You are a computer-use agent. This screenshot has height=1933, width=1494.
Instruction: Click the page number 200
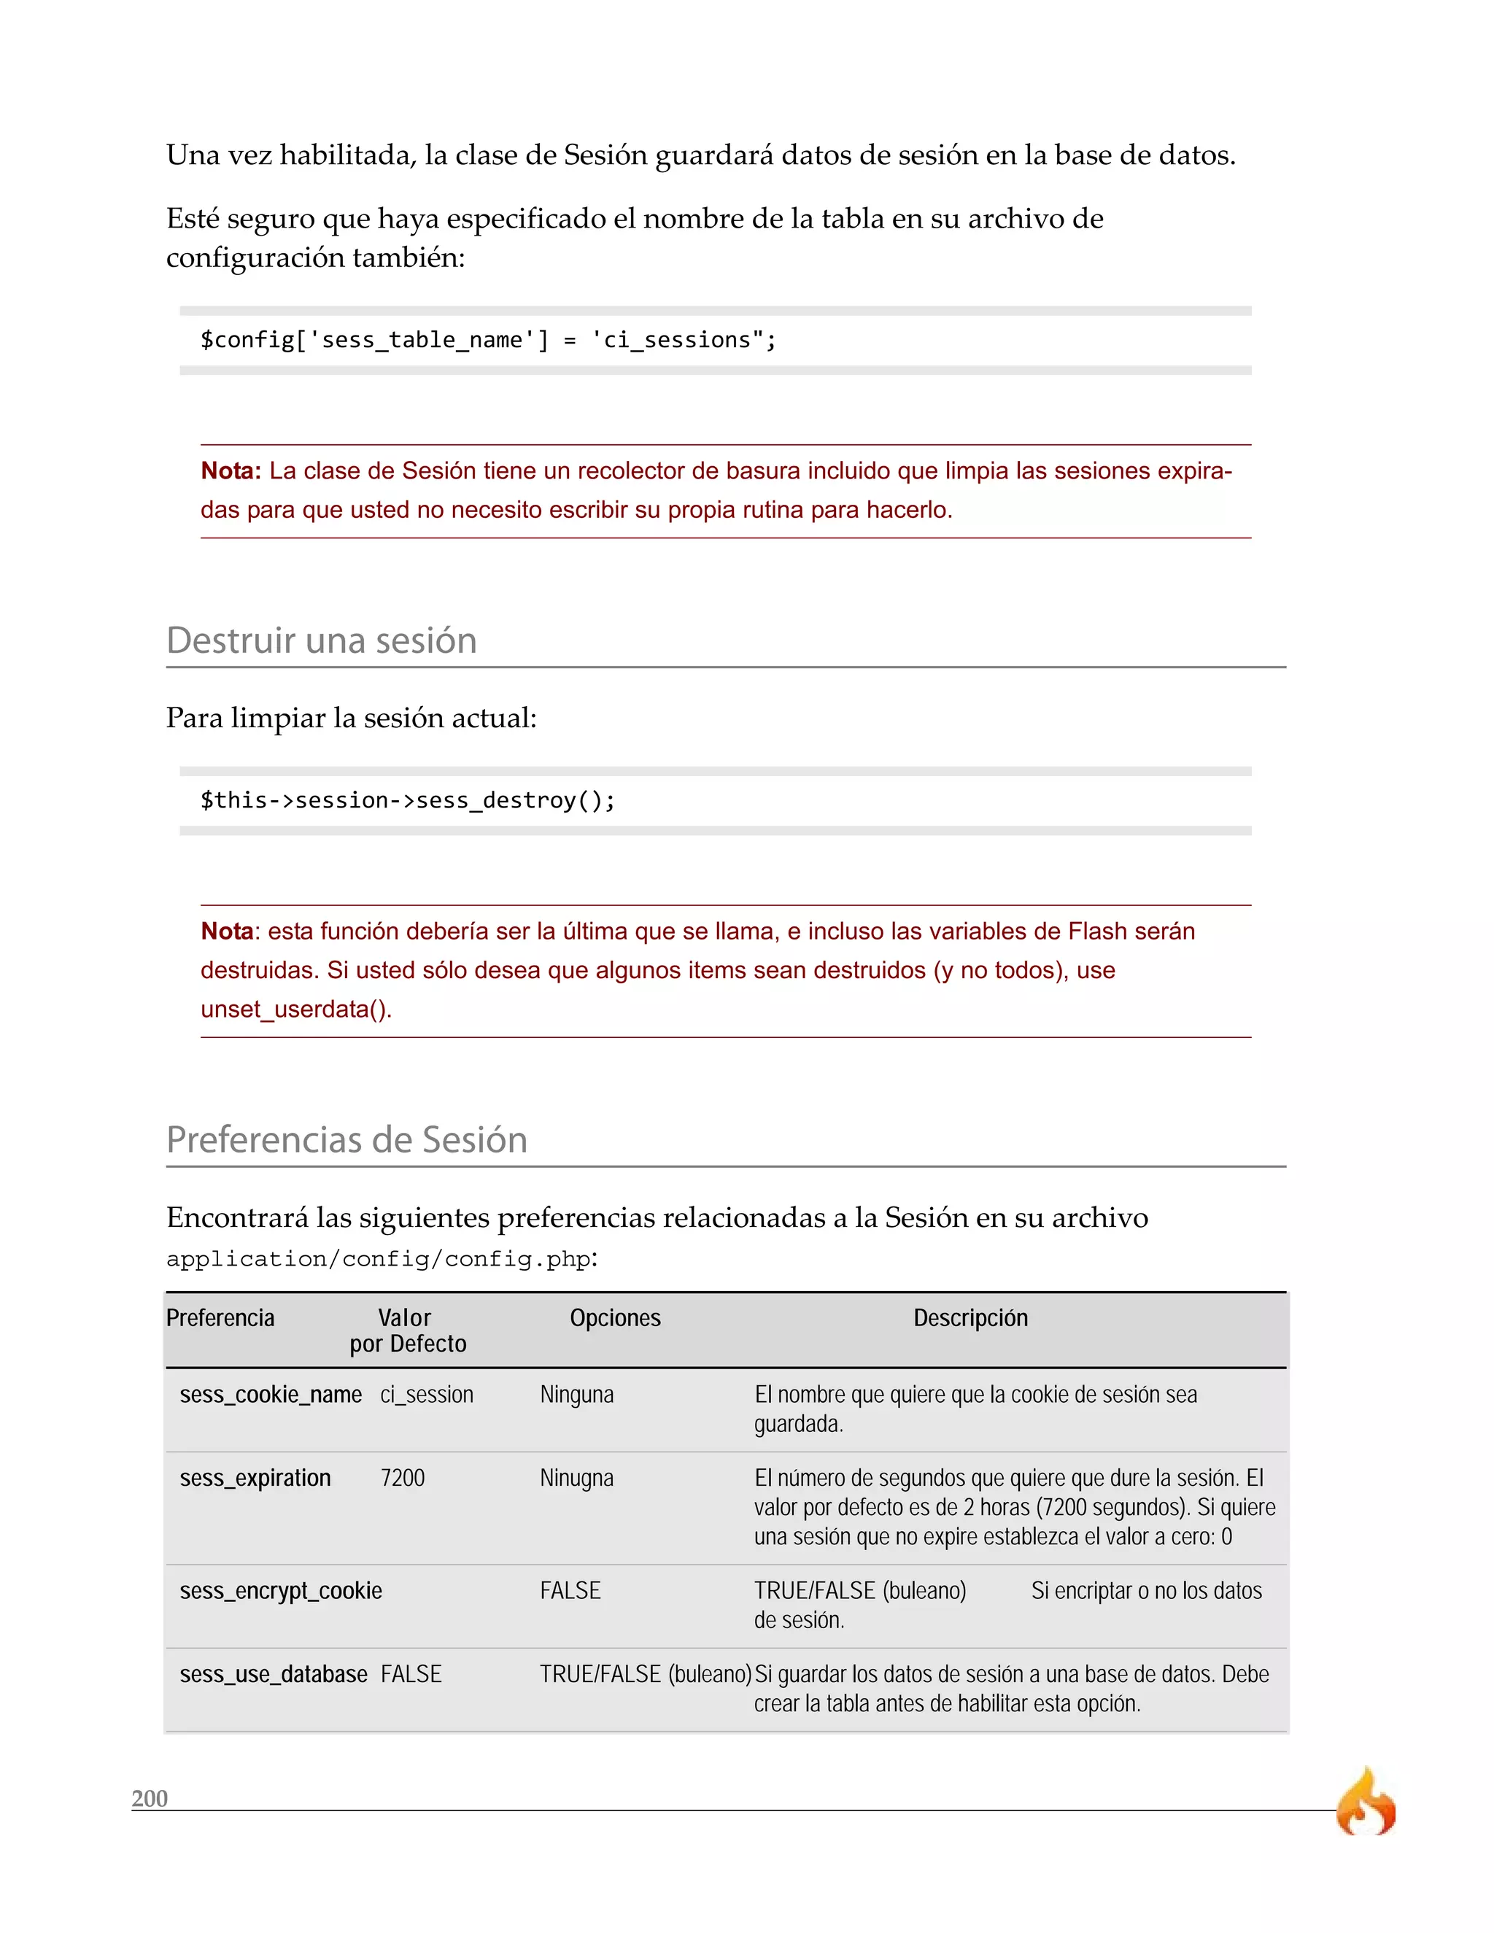(150, 1799)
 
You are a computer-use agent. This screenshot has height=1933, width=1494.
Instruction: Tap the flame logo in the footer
(1366, 1803)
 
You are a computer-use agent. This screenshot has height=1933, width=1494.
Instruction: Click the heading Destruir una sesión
(321, 640)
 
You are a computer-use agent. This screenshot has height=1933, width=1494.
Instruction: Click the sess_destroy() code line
(407, 800)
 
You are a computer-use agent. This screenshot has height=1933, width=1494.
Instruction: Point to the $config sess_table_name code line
(488, 340)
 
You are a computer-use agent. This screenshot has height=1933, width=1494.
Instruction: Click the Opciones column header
(615, 1318)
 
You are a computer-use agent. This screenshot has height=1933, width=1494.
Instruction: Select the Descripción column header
(970, 1318)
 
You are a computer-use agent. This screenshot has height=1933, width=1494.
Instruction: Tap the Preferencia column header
(220, 1318)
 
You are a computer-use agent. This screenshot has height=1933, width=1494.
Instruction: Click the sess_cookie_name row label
(271, 1395)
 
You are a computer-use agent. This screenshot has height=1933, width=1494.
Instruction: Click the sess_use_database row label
(274, 1675)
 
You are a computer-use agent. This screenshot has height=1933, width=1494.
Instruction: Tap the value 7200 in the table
(403, 1478)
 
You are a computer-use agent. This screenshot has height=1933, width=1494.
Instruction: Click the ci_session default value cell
(427, 1395)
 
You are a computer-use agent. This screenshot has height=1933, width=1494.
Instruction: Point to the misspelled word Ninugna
(576, 1478)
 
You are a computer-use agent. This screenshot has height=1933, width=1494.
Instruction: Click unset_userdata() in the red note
(295, 1009)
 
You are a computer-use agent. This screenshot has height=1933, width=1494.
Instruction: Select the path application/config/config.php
(379, 1260)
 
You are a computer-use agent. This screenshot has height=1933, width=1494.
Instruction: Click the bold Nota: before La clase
(230, 471)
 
